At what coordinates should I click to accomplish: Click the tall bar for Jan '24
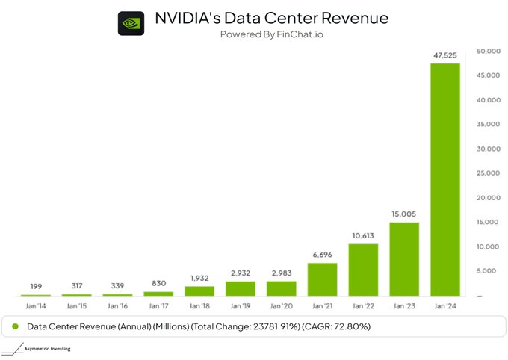point(445,179)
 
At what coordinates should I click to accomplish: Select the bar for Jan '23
point(404,258)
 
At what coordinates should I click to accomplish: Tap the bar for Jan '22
point(363,270)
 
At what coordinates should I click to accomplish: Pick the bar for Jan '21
point(322,279)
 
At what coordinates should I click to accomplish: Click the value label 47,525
point(445,55)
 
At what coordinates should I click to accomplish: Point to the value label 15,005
point(404,214)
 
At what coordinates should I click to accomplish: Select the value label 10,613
point(363,235)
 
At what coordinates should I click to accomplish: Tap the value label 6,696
point(322,255)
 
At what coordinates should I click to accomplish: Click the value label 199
point(36,286)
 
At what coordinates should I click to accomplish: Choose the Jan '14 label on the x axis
point(36,306)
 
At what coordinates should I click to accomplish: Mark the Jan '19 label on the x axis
point(240,306)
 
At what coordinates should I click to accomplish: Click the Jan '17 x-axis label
point(158,306)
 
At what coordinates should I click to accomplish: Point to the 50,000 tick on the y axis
point(488,51)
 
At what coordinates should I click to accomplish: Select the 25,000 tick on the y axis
point(488,173)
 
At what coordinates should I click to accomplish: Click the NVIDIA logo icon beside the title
point(131,22)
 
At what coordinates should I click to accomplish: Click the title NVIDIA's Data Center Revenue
point(271,17)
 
